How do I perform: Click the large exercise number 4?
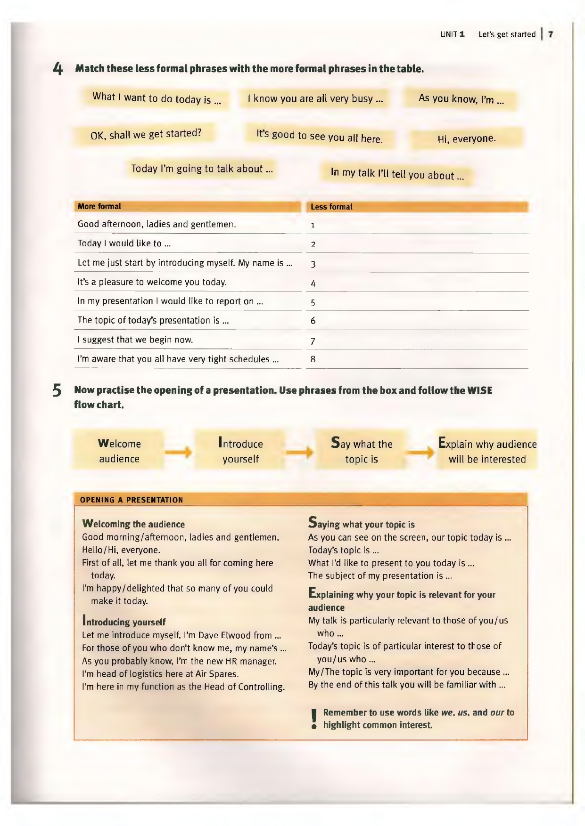tap(58, 69)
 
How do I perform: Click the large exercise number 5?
tap(57, 391)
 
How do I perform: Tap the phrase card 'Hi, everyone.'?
tap(466, 138)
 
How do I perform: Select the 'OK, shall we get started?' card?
tap(146, 134)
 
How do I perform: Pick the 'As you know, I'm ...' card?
tap(461, 99)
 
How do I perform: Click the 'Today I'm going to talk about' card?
tap(201, 169)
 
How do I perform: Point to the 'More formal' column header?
tap(99, 206)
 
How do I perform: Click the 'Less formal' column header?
tap(331, 207)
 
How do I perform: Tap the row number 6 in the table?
tap(313, 321)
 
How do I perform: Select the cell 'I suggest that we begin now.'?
tap(135, 340)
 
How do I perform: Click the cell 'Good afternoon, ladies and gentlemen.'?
tap(157, 224)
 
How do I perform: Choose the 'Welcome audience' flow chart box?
tap(119, 451)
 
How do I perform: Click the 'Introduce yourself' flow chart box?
tap(240, 451)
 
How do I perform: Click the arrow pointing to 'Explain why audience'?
tap(420, 453)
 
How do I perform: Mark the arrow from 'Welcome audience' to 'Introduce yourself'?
tap(179, 453)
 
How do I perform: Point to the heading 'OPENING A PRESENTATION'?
tap(132, 500)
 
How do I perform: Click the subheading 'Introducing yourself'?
tap(124, 621)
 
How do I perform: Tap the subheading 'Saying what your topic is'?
tap(362, 523)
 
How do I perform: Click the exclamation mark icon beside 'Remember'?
tap(314, 719)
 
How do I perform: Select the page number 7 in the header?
tap(550, 34)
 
